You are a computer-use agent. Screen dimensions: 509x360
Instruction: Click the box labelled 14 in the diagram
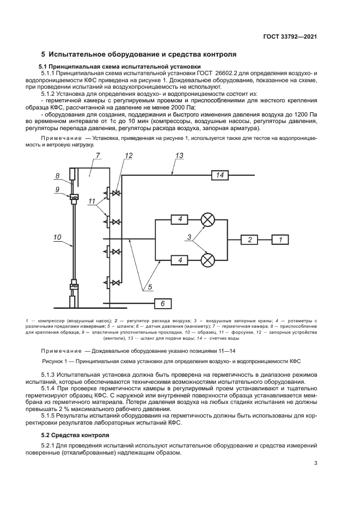pyautogui.click(x=219, y=175)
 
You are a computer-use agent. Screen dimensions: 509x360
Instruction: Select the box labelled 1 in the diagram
pyautogui.click(x=280, y=240)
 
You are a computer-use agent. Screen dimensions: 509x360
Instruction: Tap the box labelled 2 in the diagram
pyautogui.click(x=250, y=240)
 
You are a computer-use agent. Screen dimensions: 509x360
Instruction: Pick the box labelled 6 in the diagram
pyautogui.click(x=164, y=304)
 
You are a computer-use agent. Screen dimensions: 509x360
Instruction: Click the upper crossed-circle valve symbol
pyautogui.click(x=208, y=220)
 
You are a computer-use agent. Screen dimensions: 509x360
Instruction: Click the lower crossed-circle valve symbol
pyautogui.click(x=208, y=260)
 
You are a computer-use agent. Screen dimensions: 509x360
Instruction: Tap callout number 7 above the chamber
pyautogui.click(x=97, y=156)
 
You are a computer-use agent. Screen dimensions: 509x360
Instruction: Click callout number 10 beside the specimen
pyautogui.click(x=57, y=237)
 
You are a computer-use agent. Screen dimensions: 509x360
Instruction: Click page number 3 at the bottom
pyautogui.click(x=315, y=464)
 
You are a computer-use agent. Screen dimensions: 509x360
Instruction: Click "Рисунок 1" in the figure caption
pyautogui.click(x=58, y=361)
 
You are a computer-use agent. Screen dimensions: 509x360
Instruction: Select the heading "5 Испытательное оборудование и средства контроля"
pyautogui.click(x=138, y=54)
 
